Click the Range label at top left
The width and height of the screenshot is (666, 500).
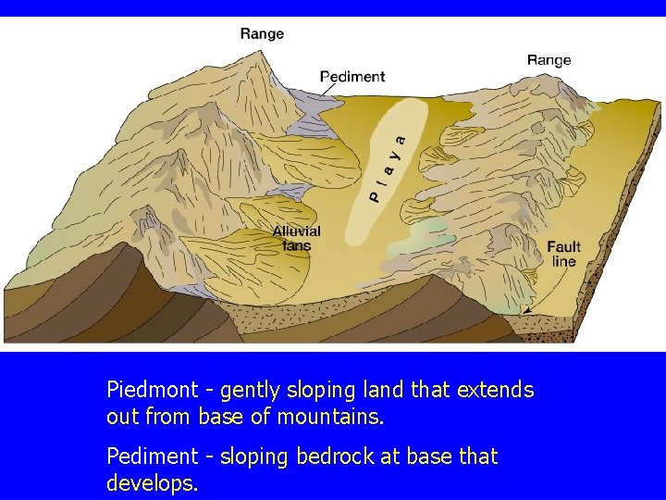click(262, 34)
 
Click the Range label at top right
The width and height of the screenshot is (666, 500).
click(549, 60)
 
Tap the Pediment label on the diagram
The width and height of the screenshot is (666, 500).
click(352, 77)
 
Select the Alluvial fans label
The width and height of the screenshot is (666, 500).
click(296, 238)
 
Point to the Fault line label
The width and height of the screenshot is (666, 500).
click(563, 254)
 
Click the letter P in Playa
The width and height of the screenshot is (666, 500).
click(376, 195)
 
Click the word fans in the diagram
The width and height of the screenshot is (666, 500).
click(296, 245)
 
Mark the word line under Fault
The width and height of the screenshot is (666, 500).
click(563, 261)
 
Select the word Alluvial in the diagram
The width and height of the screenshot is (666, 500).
click(296, 231)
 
